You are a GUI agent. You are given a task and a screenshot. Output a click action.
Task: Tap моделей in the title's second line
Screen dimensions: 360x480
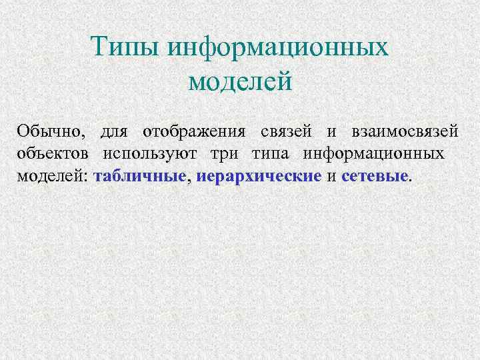[241, 82]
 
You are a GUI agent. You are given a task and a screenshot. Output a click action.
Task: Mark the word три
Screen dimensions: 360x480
[225, 154]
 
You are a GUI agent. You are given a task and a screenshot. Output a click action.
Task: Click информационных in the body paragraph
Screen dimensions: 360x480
[374, 154]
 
